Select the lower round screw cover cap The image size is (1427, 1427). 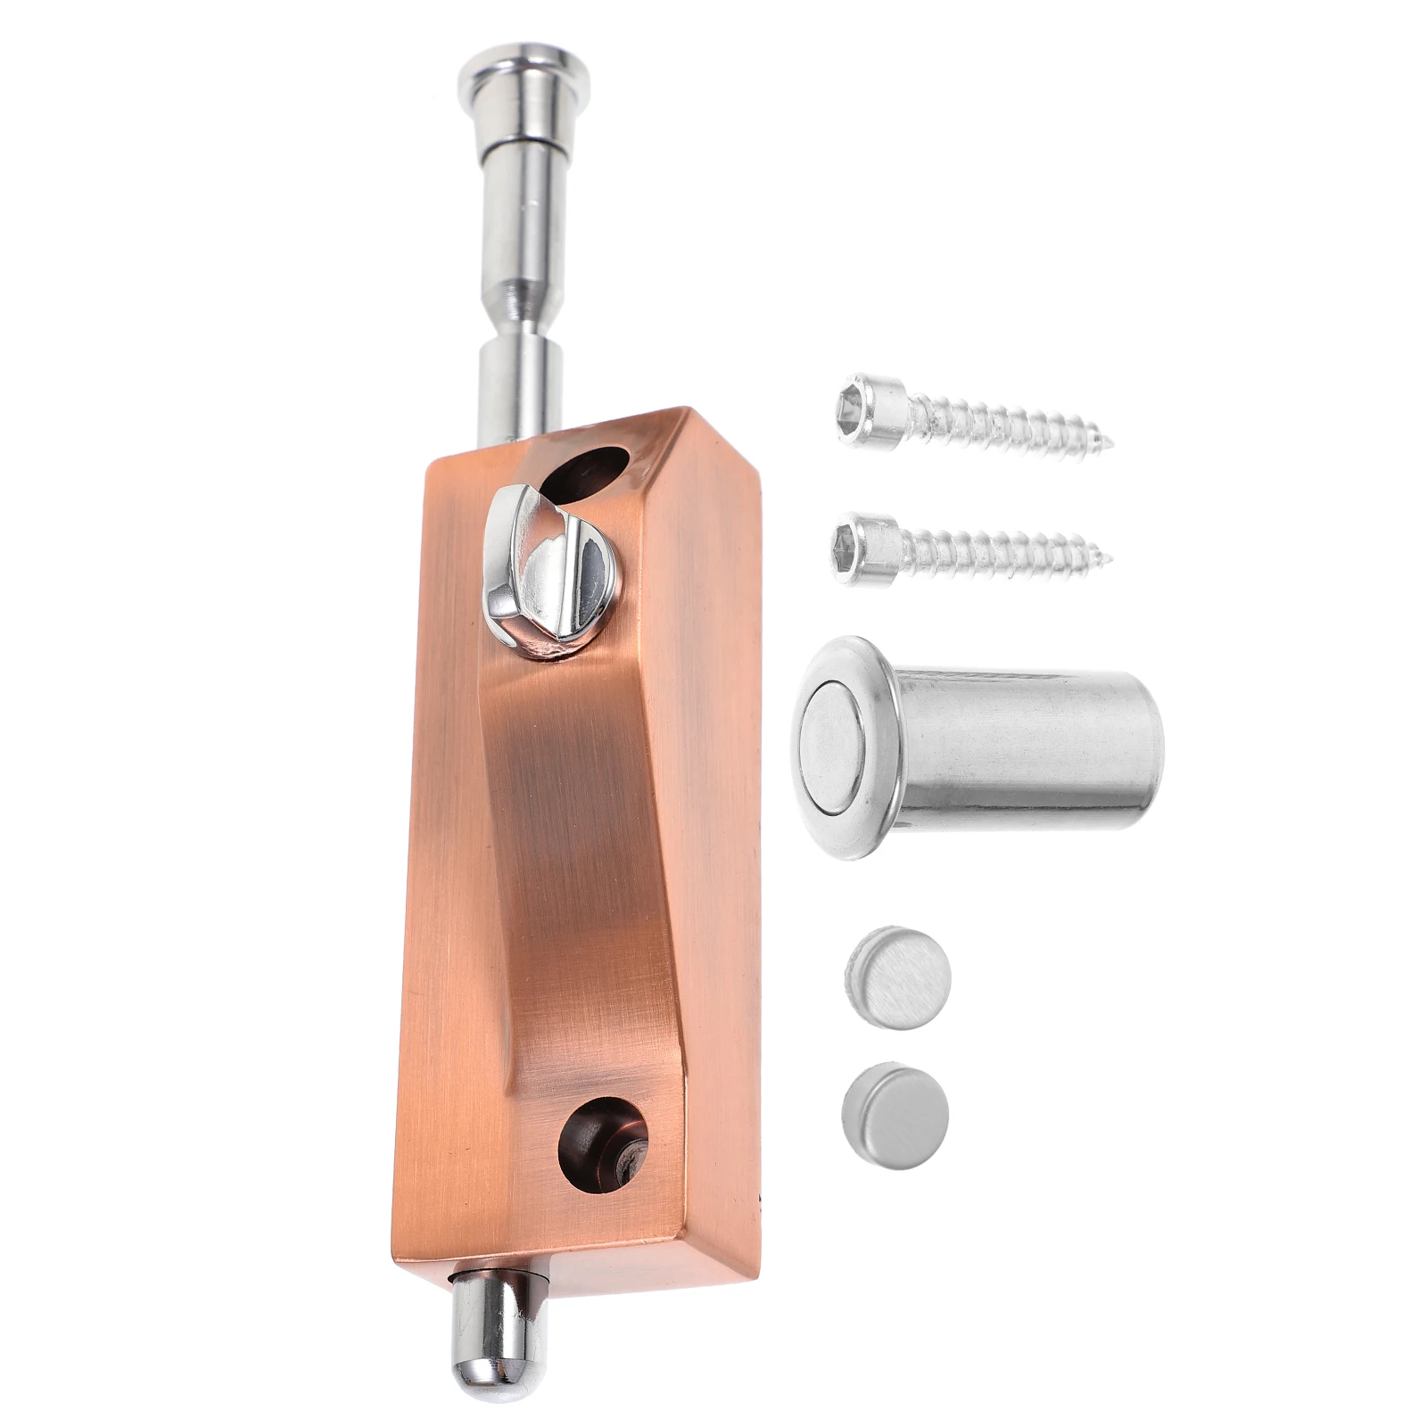[895, 1108]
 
